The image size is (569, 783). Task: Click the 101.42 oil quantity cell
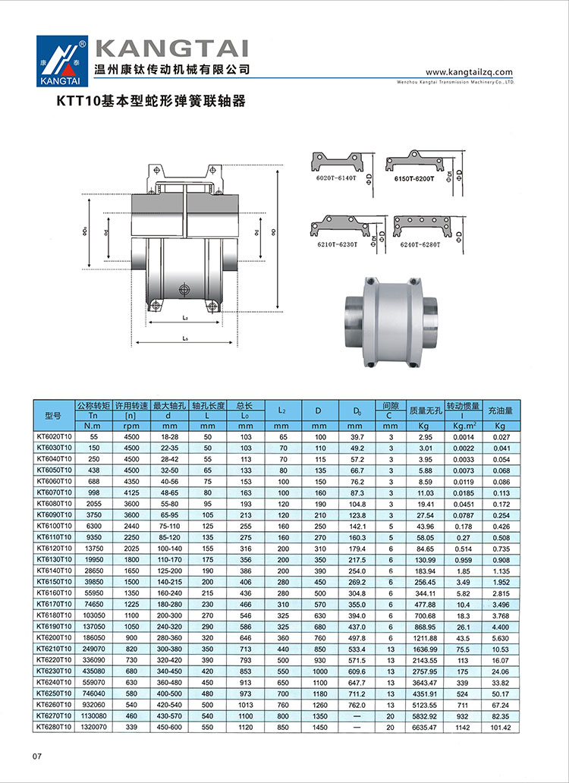[500, 728]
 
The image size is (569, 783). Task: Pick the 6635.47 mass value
[420, 728]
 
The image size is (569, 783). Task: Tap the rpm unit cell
[130, 426]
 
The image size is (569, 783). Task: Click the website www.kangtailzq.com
[470, 72]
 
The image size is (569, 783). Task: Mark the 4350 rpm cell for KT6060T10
[130, 482]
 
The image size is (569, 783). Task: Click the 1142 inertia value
[462, 728]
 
